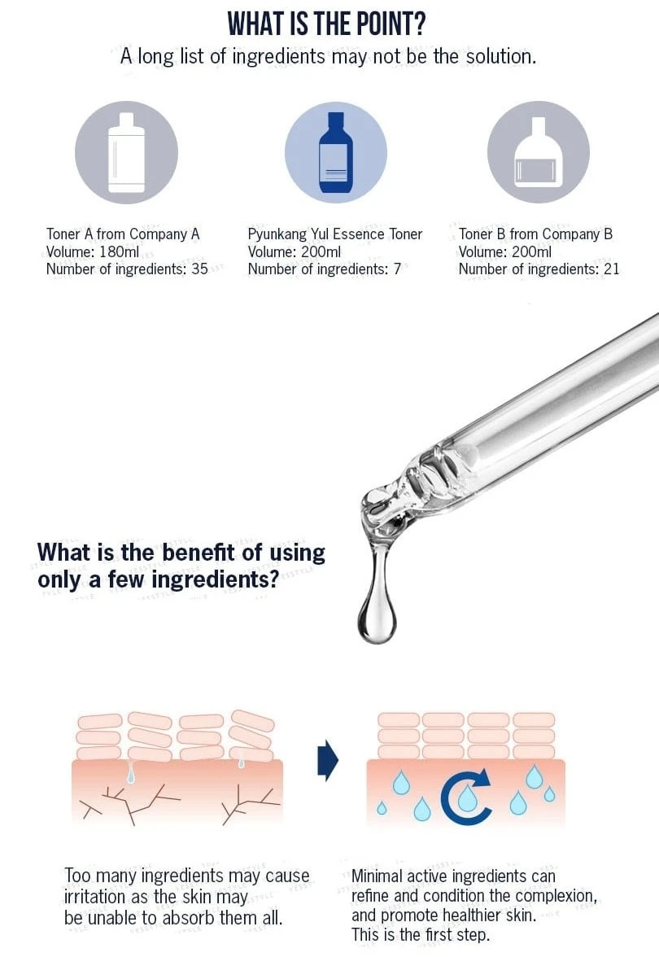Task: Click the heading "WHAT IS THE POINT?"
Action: click(x=326, y=23)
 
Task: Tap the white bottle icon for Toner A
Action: click(x=126, y=153)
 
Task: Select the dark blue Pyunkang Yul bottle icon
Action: click(x=335, y=153)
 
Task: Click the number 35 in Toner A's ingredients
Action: click(x=199, y=269)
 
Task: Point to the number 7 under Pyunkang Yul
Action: click(x=397, y=269)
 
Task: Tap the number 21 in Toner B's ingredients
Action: click(x=612, y=269)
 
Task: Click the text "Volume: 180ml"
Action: click(x=93, y=251)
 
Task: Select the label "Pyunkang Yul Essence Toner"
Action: click(x=335, y=234)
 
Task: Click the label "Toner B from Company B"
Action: click(x=535, y=234)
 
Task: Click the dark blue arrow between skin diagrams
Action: click(x=328, y=760)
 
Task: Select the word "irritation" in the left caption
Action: click(x=94, y=897)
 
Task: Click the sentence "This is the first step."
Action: click(x=421, y=934)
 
